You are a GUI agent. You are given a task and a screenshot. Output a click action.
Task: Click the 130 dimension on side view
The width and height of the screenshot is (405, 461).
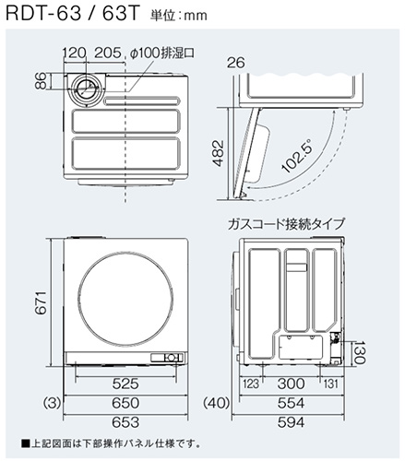(362, 351)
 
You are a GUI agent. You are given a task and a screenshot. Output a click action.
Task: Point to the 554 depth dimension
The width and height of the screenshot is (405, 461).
(292, 403)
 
